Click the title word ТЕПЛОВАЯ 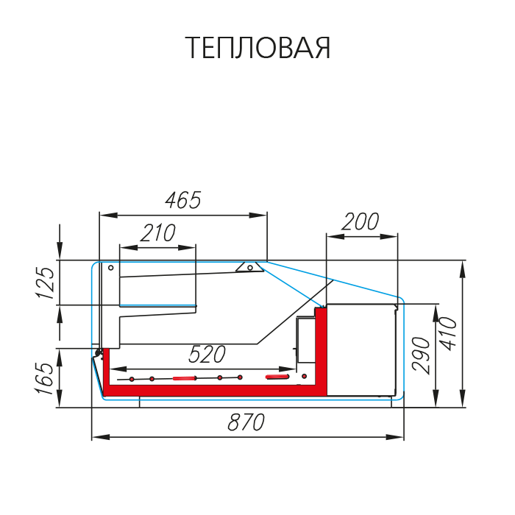pyautogui.click(x=257, y=48)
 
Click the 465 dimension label pyautogui.click(x=183, y=200)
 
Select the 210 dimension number pyautogui.click(x=158, y=233)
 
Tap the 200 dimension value pyautogui.click(x=360, y=221)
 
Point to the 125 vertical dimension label pyautogui.click(x=45, y=283)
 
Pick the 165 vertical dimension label pyautogui.click(x=44, y=378)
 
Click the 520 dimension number pyautogui.click(x=207, y=355)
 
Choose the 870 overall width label pyautogui.click(x=246, y=422)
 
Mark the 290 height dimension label pyautogui.click(x=421, y=355)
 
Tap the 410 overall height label pyautogui.click(x=448, y=334)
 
